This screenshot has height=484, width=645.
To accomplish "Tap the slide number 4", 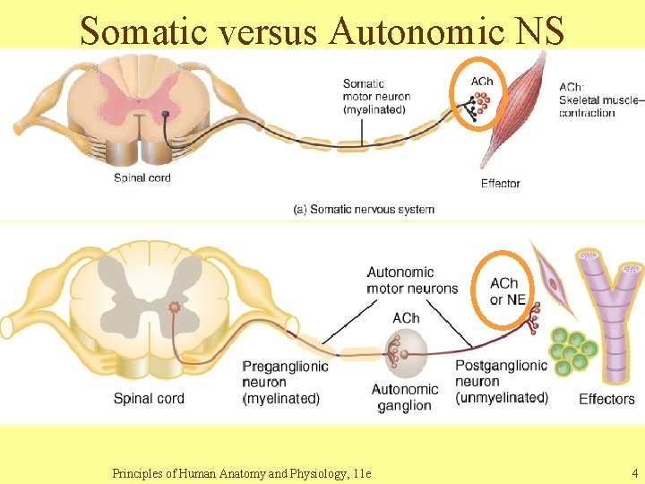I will coord(634,472).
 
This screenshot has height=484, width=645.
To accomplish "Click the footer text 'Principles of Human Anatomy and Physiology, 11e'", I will coord(242,472).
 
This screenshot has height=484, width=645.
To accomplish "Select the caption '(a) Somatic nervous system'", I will coord(364,209).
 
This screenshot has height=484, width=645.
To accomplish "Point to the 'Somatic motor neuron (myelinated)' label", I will coord(375,97).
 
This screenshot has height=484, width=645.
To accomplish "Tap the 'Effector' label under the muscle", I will coord(500,183).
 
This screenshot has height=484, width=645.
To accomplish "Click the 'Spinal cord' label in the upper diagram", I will coord(142,177).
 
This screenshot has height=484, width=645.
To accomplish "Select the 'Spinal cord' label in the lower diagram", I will coord(149,398).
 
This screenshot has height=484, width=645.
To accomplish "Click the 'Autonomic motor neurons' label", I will coord(412,280).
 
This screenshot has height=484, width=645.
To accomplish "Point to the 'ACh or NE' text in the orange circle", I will coord(507,291).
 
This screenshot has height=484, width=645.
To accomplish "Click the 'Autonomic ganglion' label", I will coord(405,397).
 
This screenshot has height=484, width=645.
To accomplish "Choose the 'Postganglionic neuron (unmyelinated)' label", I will coord(501,382).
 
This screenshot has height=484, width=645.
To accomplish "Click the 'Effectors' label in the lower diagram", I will coord(606,399).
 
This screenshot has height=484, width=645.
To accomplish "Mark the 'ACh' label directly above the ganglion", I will coord(406,318).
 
